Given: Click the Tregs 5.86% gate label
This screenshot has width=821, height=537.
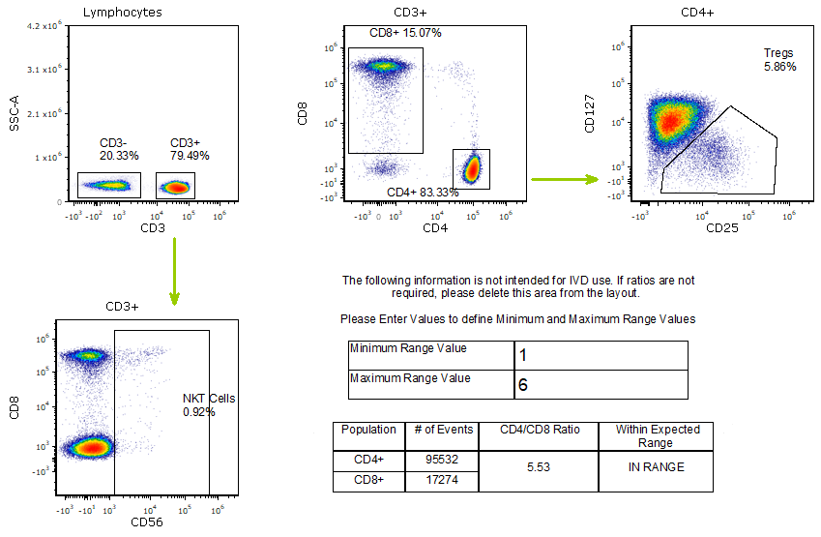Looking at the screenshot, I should coord(779,60).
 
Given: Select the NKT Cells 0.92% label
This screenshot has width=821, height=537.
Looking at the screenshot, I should coord(209,405).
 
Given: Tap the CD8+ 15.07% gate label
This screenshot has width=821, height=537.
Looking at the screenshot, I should coord(405,33).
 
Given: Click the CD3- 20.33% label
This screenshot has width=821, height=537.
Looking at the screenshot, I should coord(119,149).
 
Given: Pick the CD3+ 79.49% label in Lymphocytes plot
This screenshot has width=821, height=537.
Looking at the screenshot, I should coord(189,149).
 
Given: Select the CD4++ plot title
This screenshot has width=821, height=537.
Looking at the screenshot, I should coord(696,13).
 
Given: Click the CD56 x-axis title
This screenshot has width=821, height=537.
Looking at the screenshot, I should coord(144,523).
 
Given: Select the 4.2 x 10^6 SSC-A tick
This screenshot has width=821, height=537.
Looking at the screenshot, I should coord(45,25).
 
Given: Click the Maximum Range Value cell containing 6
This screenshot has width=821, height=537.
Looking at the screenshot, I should coord(601,385).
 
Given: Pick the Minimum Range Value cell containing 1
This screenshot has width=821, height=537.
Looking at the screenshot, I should coord(601,355).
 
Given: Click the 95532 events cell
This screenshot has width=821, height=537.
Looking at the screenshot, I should coord(443,461).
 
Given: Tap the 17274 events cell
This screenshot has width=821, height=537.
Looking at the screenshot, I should coord(443,480).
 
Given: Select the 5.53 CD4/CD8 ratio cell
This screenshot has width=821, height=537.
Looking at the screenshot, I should coord(539,468).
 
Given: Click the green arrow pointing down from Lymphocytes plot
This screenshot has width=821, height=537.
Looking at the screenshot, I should coord(175,271).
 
